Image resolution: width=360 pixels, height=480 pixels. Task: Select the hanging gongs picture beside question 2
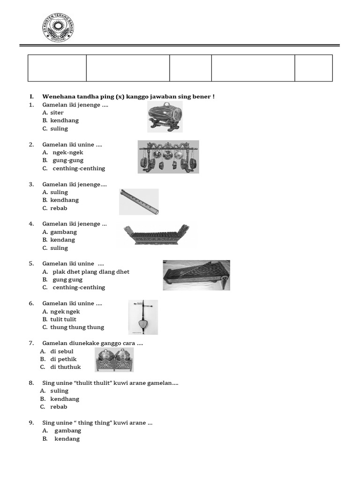pos(168,157)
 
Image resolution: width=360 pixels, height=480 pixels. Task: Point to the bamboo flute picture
pos(139,202)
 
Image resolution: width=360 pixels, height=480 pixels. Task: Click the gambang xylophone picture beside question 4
pos(156,235)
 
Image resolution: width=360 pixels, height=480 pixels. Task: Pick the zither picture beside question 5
pos(196,275)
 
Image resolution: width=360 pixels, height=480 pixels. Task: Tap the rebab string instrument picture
pos(143,318)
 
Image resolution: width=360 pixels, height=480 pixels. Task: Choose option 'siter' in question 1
pos(57,112)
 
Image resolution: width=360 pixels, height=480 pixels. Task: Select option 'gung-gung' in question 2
pos(67,160)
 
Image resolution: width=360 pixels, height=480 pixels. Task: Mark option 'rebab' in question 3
pos(59,208)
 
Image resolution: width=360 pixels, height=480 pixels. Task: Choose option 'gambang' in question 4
pos(63,232)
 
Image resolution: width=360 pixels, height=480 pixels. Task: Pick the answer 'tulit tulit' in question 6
pos(63,319)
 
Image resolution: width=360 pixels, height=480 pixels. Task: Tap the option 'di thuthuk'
pos(65,367)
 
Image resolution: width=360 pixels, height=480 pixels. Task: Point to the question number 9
pos(31,423)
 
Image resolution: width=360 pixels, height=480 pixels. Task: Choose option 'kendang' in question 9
pos(67,439)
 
